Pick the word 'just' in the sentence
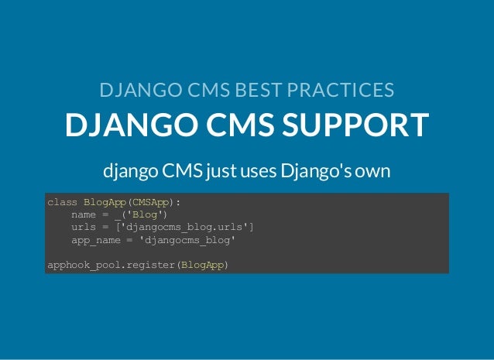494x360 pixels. tap(222, 170)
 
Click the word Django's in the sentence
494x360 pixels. tap(321, 170)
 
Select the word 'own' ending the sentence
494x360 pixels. tap(373, 170)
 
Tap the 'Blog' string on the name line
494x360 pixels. tap(145, 214)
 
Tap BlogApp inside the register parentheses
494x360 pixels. tap(201, 266)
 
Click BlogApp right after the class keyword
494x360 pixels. tap(104, 202)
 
